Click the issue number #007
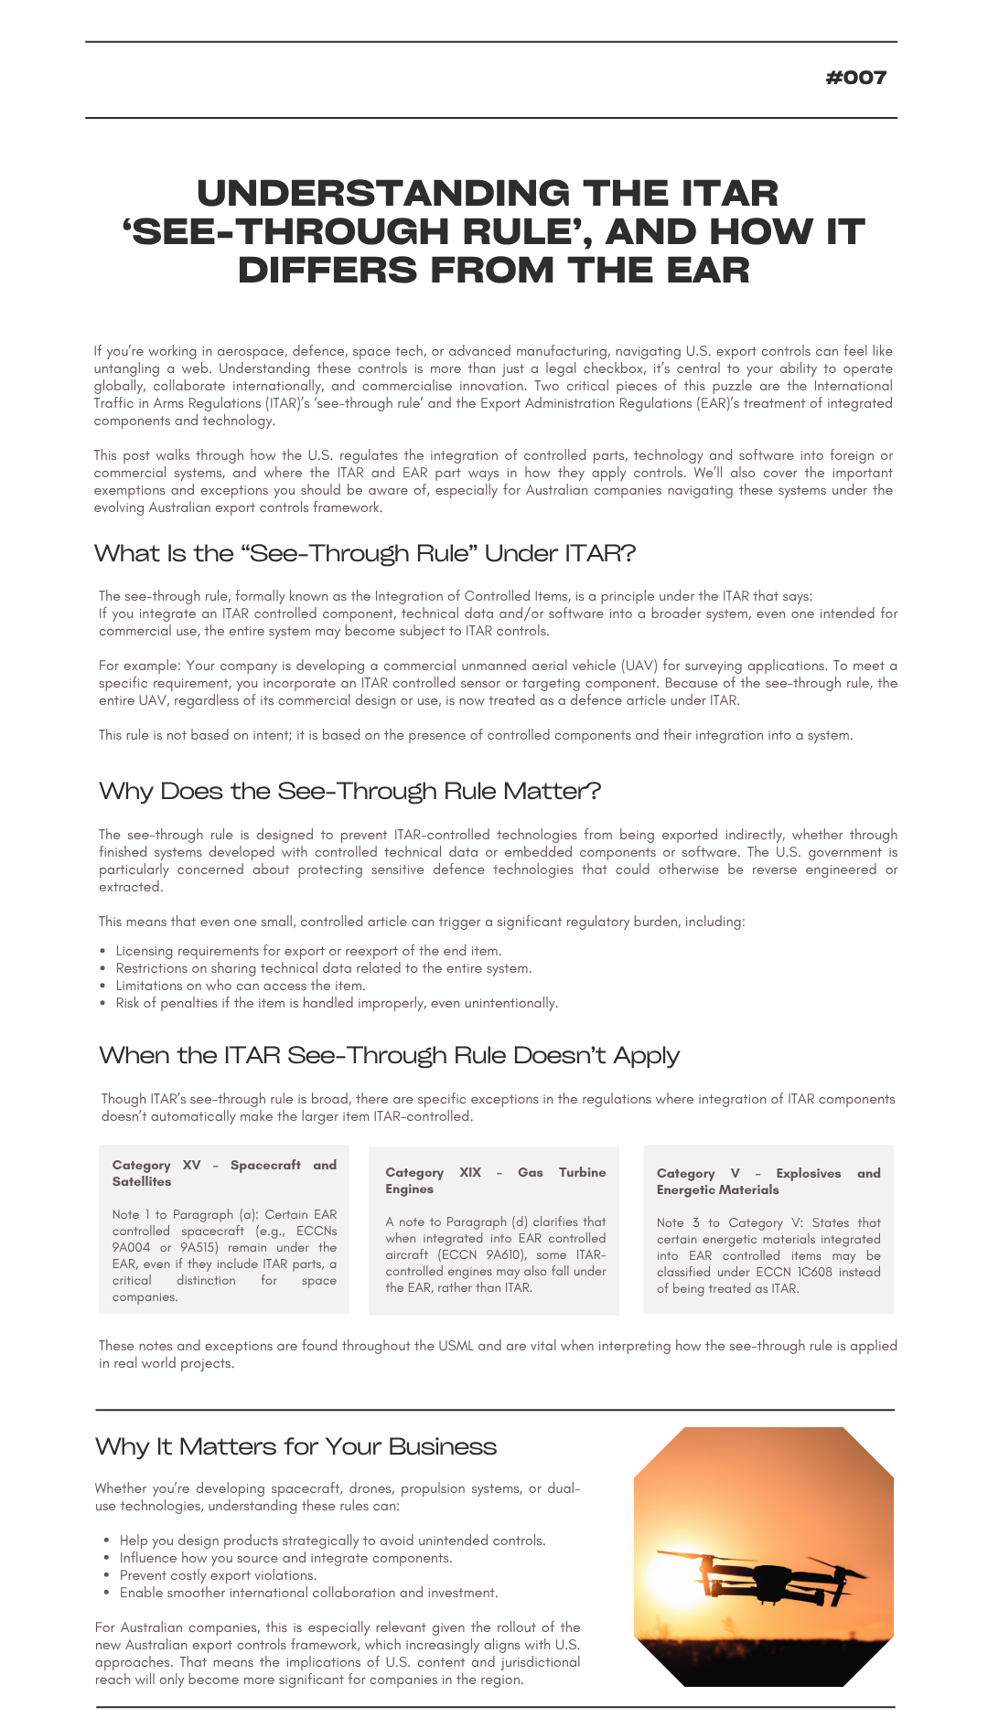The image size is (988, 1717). [x=855, y=78]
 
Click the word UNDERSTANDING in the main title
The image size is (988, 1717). [x=383, y=194]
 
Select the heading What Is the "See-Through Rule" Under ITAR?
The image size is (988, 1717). [x=364, y=553]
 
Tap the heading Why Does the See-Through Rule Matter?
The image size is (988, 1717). [x=349, y=791]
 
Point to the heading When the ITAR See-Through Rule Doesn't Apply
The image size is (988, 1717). [x=389, y=1055]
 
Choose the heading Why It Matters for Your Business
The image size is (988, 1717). [x=295, y=1446]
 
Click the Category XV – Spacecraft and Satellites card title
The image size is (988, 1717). [x=224, y=1173]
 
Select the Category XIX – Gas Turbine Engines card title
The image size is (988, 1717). [x=495, y=1180]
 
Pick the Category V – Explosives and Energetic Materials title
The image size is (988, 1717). [x=768, y=1181]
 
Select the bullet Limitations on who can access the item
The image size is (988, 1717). [x=240, y=986]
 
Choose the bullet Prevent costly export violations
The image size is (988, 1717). [x=218, y=1575]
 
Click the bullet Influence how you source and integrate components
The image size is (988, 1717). [x=285, y=1558]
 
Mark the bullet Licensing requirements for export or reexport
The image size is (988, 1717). [x=308, y=951]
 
